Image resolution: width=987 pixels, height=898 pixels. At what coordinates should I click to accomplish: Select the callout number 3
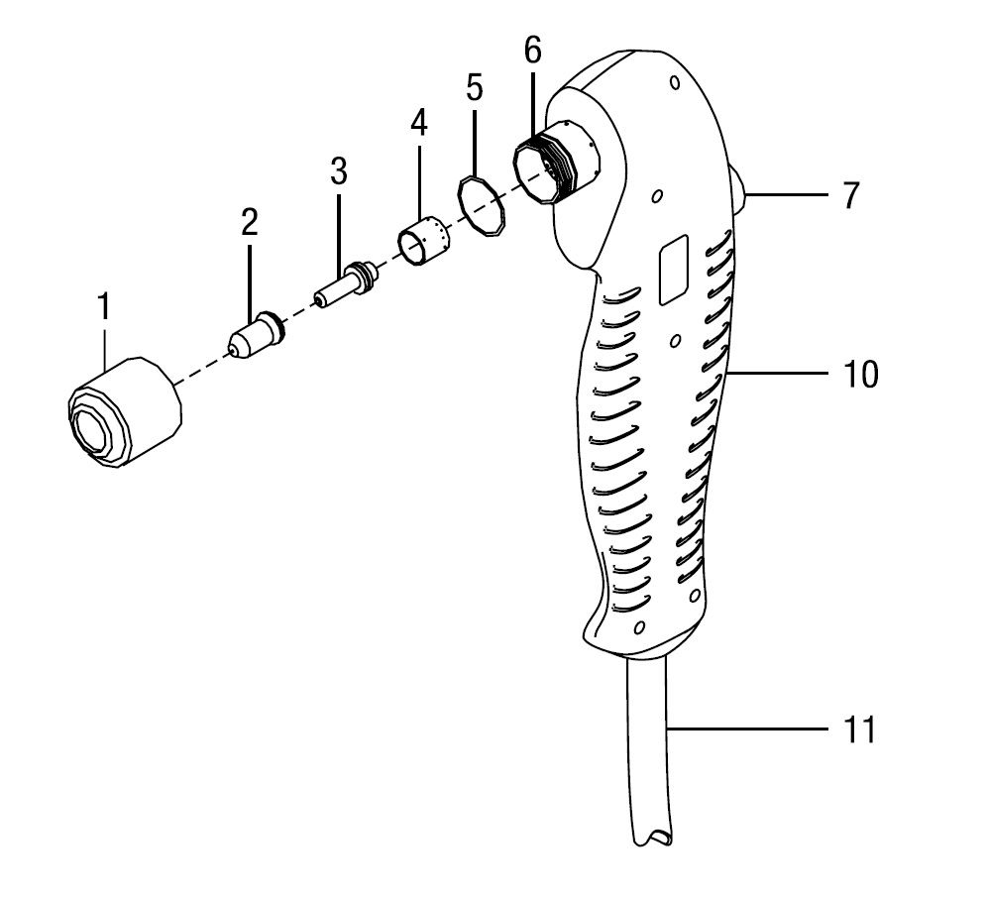[339, 170]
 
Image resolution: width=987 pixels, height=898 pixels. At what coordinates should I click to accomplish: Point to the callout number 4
[418, 124]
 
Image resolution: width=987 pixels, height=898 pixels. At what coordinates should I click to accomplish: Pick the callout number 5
[474, 87]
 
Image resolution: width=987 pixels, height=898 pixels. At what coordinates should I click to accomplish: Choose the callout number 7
[851, 195]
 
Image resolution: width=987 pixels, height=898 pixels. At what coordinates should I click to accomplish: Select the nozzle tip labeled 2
[257, 335]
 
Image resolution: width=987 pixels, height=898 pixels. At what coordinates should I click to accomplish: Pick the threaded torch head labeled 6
[547, 169]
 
